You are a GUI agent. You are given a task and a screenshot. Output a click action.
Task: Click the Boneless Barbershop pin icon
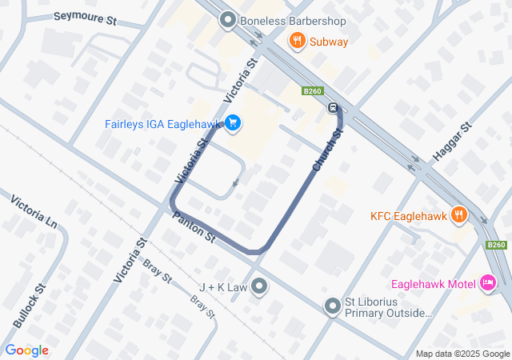click(227, 20)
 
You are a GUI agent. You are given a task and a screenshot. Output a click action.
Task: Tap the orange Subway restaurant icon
click(297, 41)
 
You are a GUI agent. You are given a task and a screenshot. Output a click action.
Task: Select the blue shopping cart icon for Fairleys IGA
click(233, 123)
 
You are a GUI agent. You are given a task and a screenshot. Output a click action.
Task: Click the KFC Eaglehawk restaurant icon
click(458, 214)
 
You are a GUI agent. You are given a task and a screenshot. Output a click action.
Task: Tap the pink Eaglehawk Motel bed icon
click(487, 282)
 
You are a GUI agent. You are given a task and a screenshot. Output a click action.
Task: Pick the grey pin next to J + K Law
click(259, 286)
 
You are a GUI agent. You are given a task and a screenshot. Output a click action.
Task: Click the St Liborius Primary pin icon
click(333, 305)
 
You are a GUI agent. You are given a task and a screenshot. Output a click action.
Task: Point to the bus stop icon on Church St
click(333, 109)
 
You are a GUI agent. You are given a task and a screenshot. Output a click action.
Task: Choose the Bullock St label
click(29, 306)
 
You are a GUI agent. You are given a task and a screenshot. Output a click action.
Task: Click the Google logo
click(26, 350)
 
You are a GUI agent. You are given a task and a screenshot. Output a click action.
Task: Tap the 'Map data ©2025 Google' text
click(462, 354)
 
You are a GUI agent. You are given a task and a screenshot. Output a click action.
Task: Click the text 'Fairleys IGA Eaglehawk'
click(163, 124)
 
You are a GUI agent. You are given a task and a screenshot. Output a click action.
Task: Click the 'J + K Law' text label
click(223, 286)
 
